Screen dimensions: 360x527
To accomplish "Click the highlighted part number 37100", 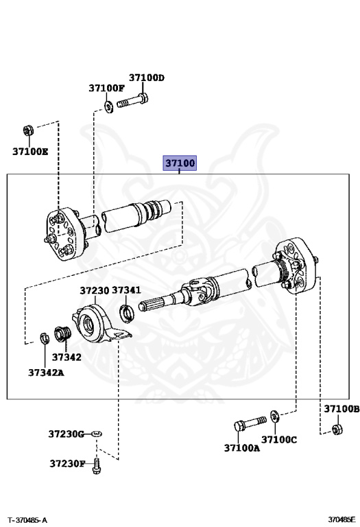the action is [x=180, y=163].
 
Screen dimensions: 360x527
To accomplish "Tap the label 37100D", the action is [x=147, y=78].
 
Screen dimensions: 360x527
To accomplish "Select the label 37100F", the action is [x=106, y=88].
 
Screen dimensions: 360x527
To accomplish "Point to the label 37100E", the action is [x=30, y=152].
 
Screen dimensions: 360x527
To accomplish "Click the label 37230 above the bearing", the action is [x=95, y=290].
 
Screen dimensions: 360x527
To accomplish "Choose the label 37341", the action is [x=126, y=290].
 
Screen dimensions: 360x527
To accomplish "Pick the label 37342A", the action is [x=46, y=373].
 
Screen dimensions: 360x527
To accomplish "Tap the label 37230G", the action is [x=66, y=434].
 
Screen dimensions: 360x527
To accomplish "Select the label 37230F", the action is [x=67, y=464].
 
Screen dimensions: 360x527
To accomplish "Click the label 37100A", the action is [x=242, y=448].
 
